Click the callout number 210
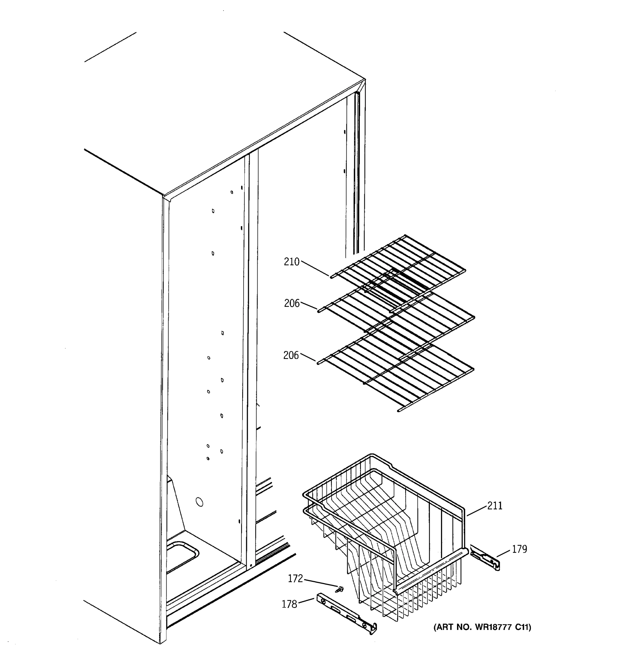(x=291, y=262)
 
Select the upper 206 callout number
(x=292, y=304)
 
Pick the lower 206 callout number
(x=291, y=355)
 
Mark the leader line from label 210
(x=314, y=269)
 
